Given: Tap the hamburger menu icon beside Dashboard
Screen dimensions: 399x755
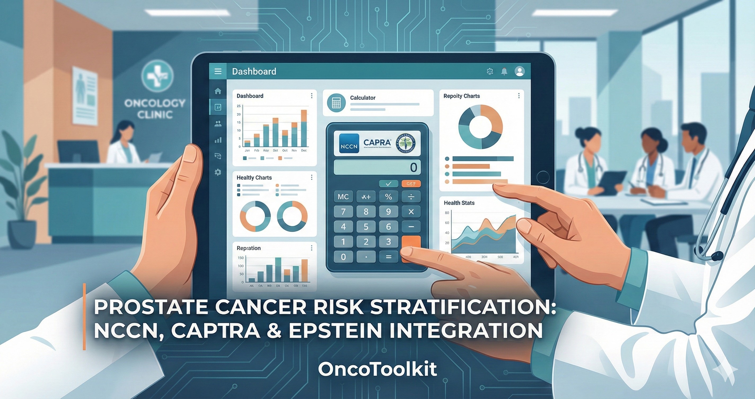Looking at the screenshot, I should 218,71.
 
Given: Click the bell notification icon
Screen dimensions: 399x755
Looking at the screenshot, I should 504,71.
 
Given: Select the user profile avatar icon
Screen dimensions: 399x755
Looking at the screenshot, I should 520,71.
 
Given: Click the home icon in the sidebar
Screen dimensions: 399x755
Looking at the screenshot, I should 218,91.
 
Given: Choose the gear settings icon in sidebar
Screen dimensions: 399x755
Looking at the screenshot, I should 218,172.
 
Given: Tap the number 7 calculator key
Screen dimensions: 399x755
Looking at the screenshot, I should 343,211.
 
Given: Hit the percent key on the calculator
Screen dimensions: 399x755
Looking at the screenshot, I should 388,197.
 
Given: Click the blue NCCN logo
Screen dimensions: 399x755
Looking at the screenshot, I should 349,144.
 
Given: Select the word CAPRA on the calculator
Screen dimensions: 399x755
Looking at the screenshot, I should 377,142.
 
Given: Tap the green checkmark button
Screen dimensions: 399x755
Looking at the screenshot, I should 388,184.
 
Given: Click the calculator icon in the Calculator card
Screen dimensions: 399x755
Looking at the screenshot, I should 336,103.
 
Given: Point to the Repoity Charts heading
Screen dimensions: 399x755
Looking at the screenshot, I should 461,96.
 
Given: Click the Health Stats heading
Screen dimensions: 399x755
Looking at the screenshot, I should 459,203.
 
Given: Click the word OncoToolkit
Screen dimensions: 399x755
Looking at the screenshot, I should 377,369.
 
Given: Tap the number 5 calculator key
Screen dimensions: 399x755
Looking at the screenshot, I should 366,227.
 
